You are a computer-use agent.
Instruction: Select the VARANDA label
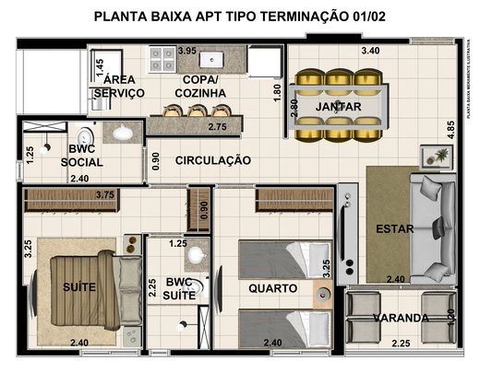(401, 319)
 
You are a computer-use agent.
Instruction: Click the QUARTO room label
(272, 288)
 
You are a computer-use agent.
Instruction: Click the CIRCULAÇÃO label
(212, 160)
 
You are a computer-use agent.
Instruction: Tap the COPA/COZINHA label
(198, 87)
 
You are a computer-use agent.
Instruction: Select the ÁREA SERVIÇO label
(119, 87)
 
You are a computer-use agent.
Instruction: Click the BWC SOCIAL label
(81, 156)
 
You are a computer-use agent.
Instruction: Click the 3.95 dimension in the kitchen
(187, 50)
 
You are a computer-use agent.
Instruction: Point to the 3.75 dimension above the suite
(104, 194)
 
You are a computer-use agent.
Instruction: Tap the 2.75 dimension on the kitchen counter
(218, 126)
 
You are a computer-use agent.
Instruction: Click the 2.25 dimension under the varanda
(401, 344)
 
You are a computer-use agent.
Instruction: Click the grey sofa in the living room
(432, 228)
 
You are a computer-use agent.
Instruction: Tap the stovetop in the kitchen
(163, 59)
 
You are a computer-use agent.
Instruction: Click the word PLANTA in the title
(126, 17)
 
